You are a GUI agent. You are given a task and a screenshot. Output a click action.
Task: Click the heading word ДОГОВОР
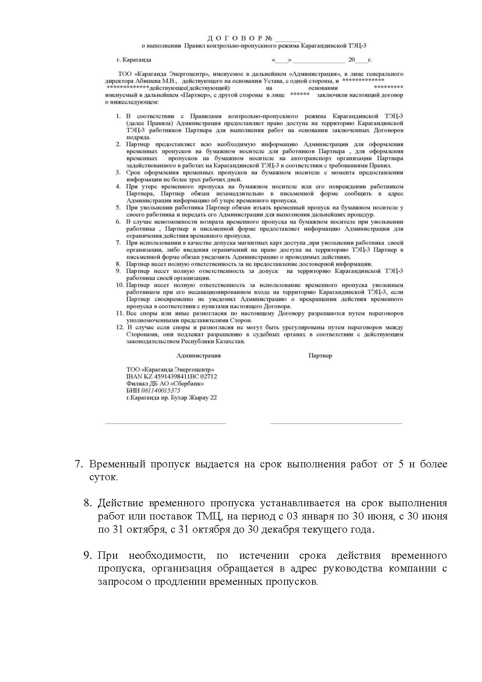point(235,38)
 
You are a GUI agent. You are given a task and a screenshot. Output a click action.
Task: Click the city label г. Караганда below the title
point(134,60)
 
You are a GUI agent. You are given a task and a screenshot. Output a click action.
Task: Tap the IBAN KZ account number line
point(171,376)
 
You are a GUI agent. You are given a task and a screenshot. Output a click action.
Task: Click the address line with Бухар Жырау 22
point(171,397)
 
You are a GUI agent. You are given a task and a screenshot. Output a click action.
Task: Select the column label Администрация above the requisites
point(198,355)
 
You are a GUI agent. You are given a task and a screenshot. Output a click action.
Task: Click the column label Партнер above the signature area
point(320,355)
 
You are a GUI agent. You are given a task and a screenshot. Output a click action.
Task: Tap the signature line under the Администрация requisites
point(165,423)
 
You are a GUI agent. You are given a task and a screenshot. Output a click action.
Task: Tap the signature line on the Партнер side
point(336,423)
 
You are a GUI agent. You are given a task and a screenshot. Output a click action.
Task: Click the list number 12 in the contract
point(120,327)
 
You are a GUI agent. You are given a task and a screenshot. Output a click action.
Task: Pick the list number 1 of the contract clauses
point(118,116)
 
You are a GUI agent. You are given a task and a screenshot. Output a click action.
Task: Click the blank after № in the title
point(288,40)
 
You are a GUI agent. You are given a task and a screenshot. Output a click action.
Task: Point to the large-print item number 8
point(87,503)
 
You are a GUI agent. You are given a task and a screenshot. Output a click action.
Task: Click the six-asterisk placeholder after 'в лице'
point(300,95)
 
